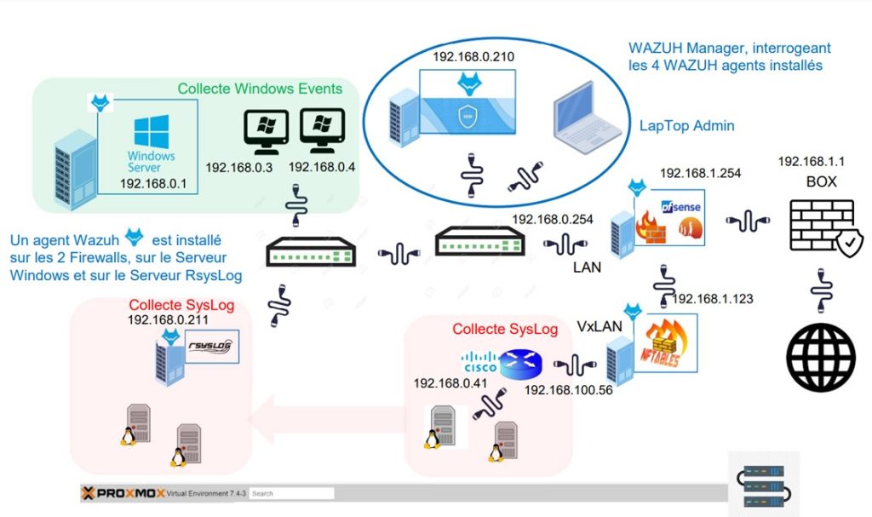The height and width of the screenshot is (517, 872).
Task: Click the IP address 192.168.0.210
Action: pyautogui.click(x=473, y=58)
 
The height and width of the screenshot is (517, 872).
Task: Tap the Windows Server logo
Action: pyautogui.click(x=152, y=144)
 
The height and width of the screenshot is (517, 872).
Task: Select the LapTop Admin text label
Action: pyautogui.click(x=686, y=125)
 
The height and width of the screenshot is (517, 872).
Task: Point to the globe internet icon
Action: pyautogui.click(x=820, y=356)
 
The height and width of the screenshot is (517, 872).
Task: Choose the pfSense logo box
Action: pyautogui.click(x=678, y=217)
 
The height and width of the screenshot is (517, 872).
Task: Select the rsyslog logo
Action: pyautogui.click(x=209, y=347)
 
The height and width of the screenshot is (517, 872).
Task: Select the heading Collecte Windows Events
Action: pyautogui.click(x=260, y=89)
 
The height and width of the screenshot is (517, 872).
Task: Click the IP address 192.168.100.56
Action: pyautogui.click(x=568, y=389)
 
